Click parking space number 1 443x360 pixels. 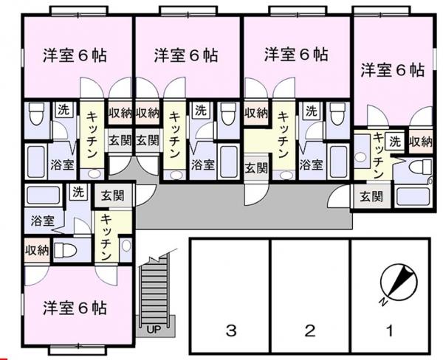(x=388, y=330)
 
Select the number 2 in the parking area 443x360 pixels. (x=310, y=330)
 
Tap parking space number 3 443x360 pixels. (x=231, y=330)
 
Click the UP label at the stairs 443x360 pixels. (x=154, y=328)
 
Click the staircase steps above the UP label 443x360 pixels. (x=154, y=291)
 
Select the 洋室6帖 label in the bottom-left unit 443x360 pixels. (x=74, y=307)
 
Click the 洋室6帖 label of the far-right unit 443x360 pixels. (x=392, y=71)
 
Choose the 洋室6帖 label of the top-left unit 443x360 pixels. (x=74, y=55)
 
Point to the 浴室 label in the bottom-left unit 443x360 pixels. (x=42, y=221)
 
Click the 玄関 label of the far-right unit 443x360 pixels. (x=371, y=196)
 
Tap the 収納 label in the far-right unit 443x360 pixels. (x=420, y=142)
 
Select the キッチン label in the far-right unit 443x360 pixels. (x=378, y=155)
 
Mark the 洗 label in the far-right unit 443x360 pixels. (x=396, y=141)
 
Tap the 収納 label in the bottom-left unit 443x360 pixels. (x=36, y=250)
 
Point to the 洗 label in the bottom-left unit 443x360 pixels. (x=78, y=193)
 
